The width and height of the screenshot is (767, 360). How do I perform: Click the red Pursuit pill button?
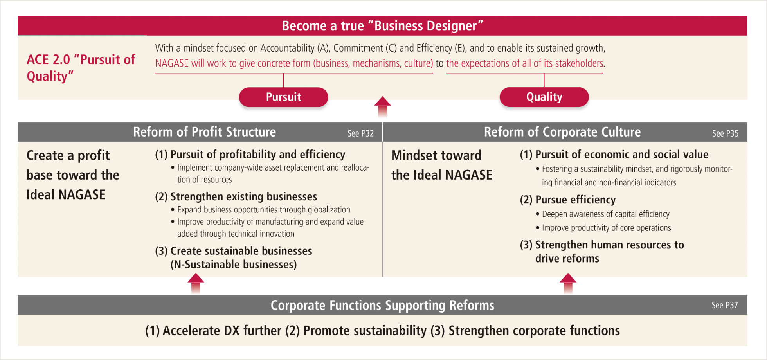coord(283,97)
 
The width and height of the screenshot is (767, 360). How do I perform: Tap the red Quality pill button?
coord(544,97)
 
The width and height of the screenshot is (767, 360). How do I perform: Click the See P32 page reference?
coord(360,133)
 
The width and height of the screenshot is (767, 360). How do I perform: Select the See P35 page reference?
coord(725,133)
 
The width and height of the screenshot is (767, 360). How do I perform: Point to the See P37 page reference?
coord(725,305)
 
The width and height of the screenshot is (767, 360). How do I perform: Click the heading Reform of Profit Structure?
coord(204,132)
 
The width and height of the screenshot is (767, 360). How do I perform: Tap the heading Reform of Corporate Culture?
coord(562,132)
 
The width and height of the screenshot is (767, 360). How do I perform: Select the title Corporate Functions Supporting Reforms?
coord(382,305)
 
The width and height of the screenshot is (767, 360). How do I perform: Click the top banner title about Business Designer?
coord(382,26)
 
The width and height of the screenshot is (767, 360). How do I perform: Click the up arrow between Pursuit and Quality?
coord(382,107)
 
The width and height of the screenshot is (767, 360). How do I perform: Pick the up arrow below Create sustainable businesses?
coord(196,284)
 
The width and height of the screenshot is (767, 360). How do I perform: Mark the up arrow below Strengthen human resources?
coord(568,284)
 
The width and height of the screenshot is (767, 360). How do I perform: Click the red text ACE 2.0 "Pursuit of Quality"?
coord(81,68)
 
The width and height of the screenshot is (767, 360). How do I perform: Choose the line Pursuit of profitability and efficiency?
coord(250,155)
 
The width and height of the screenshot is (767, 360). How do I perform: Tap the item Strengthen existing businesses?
coord(236,196)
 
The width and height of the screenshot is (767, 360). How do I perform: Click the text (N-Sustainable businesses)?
coord(234,265)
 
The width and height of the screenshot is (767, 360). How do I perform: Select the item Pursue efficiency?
coord(568,200)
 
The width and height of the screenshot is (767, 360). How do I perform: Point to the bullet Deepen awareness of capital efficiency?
coord(603,214)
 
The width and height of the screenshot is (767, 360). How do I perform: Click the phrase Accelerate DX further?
coord(213,331)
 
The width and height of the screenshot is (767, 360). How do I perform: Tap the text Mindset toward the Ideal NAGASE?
coord(442,165)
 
